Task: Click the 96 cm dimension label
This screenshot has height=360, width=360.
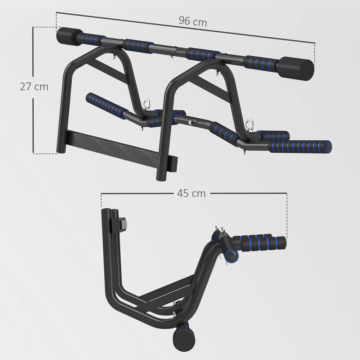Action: pos(193,22)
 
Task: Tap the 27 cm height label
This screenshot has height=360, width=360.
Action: pos(34,87)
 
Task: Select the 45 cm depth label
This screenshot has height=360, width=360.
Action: pos(191,193)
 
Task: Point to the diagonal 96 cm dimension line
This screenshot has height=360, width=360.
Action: pos(252,34)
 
